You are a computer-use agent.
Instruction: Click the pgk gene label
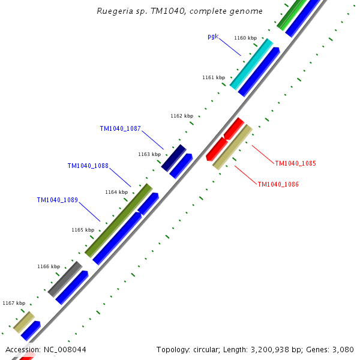click(x=212, y=36)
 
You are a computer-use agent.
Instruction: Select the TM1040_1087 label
click(x=120, y=128)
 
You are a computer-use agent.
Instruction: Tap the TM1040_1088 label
click(x=88, y=166)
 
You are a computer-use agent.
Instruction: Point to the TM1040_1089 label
click(x=57, y=200)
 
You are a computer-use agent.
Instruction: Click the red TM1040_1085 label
click(x=295, y=163)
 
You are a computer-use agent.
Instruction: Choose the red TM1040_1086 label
click(x=278, y=184)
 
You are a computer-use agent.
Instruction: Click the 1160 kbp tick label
click(x=245, y=38)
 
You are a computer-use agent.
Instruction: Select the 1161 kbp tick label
click(x=214, y=77)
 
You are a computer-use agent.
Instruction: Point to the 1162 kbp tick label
click(x=181, y=116)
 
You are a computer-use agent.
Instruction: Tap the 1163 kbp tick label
click(x=149, y=154)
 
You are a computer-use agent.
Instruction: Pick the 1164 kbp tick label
click(x=116, y=192)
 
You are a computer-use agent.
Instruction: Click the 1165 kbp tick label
click(x=83, y=230)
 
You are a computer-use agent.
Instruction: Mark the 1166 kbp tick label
click(x=49, y=266)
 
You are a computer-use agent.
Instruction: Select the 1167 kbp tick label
click(x=14, y=303)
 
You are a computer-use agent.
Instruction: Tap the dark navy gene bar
click(x=174, y=157)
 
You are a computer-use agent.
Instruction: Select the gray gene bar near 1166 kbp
click(x=65, y=278)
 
